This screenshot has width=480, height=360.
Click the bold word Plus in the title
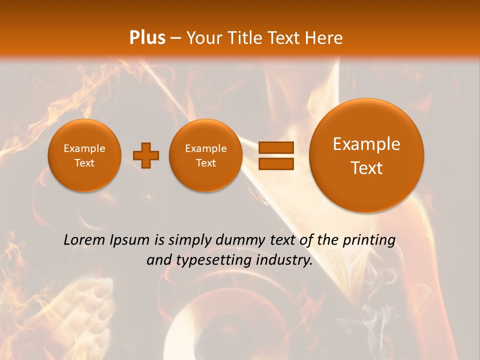pyautogui.click(x=147, y=38)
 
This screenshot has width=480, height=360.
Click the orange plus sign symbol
pyautogui.click(x=146, y=155)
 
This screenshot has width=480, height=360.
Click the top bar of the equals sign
pyautogui.click(x=276, y=147)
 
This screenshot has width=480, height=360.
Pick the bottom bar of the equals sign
pyautogui.click(x=276, y=164)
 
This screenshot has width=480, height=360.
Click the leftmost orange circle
pyautogui.click(x=84, y=155)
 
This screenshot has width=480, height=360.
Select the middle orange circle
pyautogui.click(x=205, y=155)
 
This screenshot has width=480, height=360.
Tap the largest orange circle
pyautogui.click(x=366, y=155)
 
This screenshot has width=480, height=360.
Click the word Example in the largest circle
pyautogui.click(x=366, y=144)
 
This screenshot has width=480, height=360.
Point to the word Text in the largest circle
pyautogui.click(x=366, y=168)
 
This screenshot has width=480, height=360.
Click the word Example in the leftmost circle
pyautogui.click(x=84, y=148)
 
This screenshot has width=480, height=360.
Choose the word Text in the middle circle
pyautogui.click(x=205, y=163)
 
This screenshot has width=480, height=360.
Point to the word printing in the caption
pyautogui.click(x=369, y=240)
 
